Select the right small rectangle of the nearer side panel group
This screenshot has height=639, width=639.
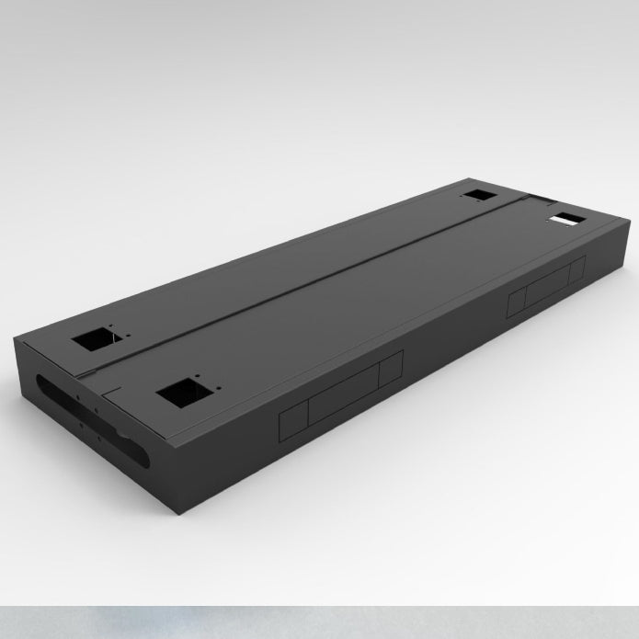[x=391, y=371]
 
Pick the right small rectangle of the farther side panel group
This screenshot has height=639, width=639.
[x=577, y=269]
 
